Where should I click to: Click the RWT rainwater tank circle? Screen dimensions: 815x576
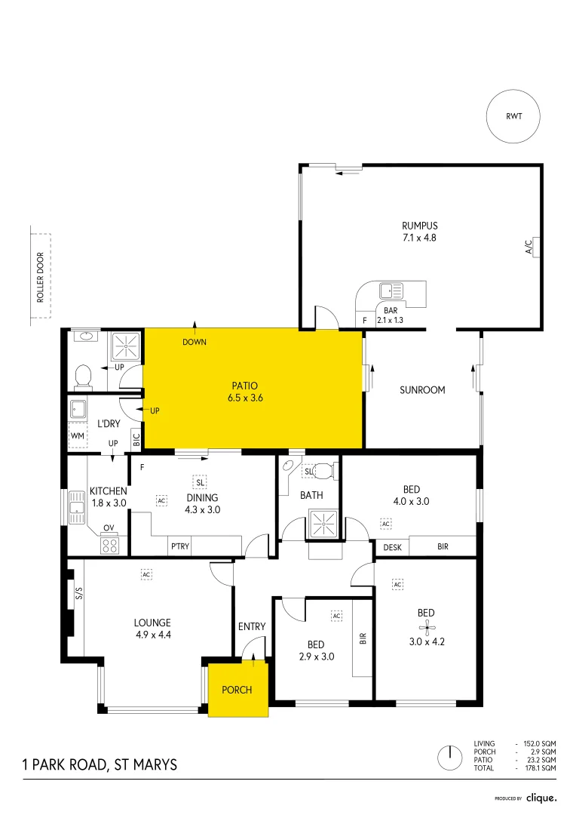tap(513, 117)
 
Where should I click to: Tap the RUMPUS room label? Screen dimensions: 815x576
tap(419, 226)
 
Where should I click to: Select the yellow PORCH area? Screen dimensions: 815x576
tap(237, 690)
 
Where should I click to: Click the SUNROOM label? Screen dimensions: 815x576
tap(422, 390)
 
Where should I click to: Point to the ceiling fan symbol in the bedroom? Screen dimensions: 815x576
tap(427, 626)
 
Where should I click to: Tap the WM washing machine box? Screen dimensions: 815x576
tap(77, 435)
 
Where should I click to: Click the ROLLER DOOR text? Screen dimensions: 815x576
tap(41, 277)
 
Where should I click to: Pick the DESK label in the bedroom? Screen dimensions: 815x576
tap(392, 546)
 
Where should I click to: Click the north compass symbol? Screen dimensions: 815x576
tap(449, 755)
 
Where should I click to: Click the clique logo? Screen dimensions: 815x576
tap(541, 797)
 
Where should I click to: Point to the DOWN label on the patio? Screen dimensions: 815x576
tap(195, 343)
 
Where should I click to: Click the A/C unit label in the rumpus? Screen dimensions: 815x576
tap(529, 247)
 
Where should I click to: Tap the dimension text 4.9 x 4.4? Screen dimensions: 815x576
tap(152, 635)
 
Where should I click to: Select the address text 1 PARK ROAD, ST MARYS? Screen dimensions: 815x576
tap(100, 764)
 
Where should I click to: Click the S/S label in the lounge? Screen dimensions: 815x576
tap(78, 594)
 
